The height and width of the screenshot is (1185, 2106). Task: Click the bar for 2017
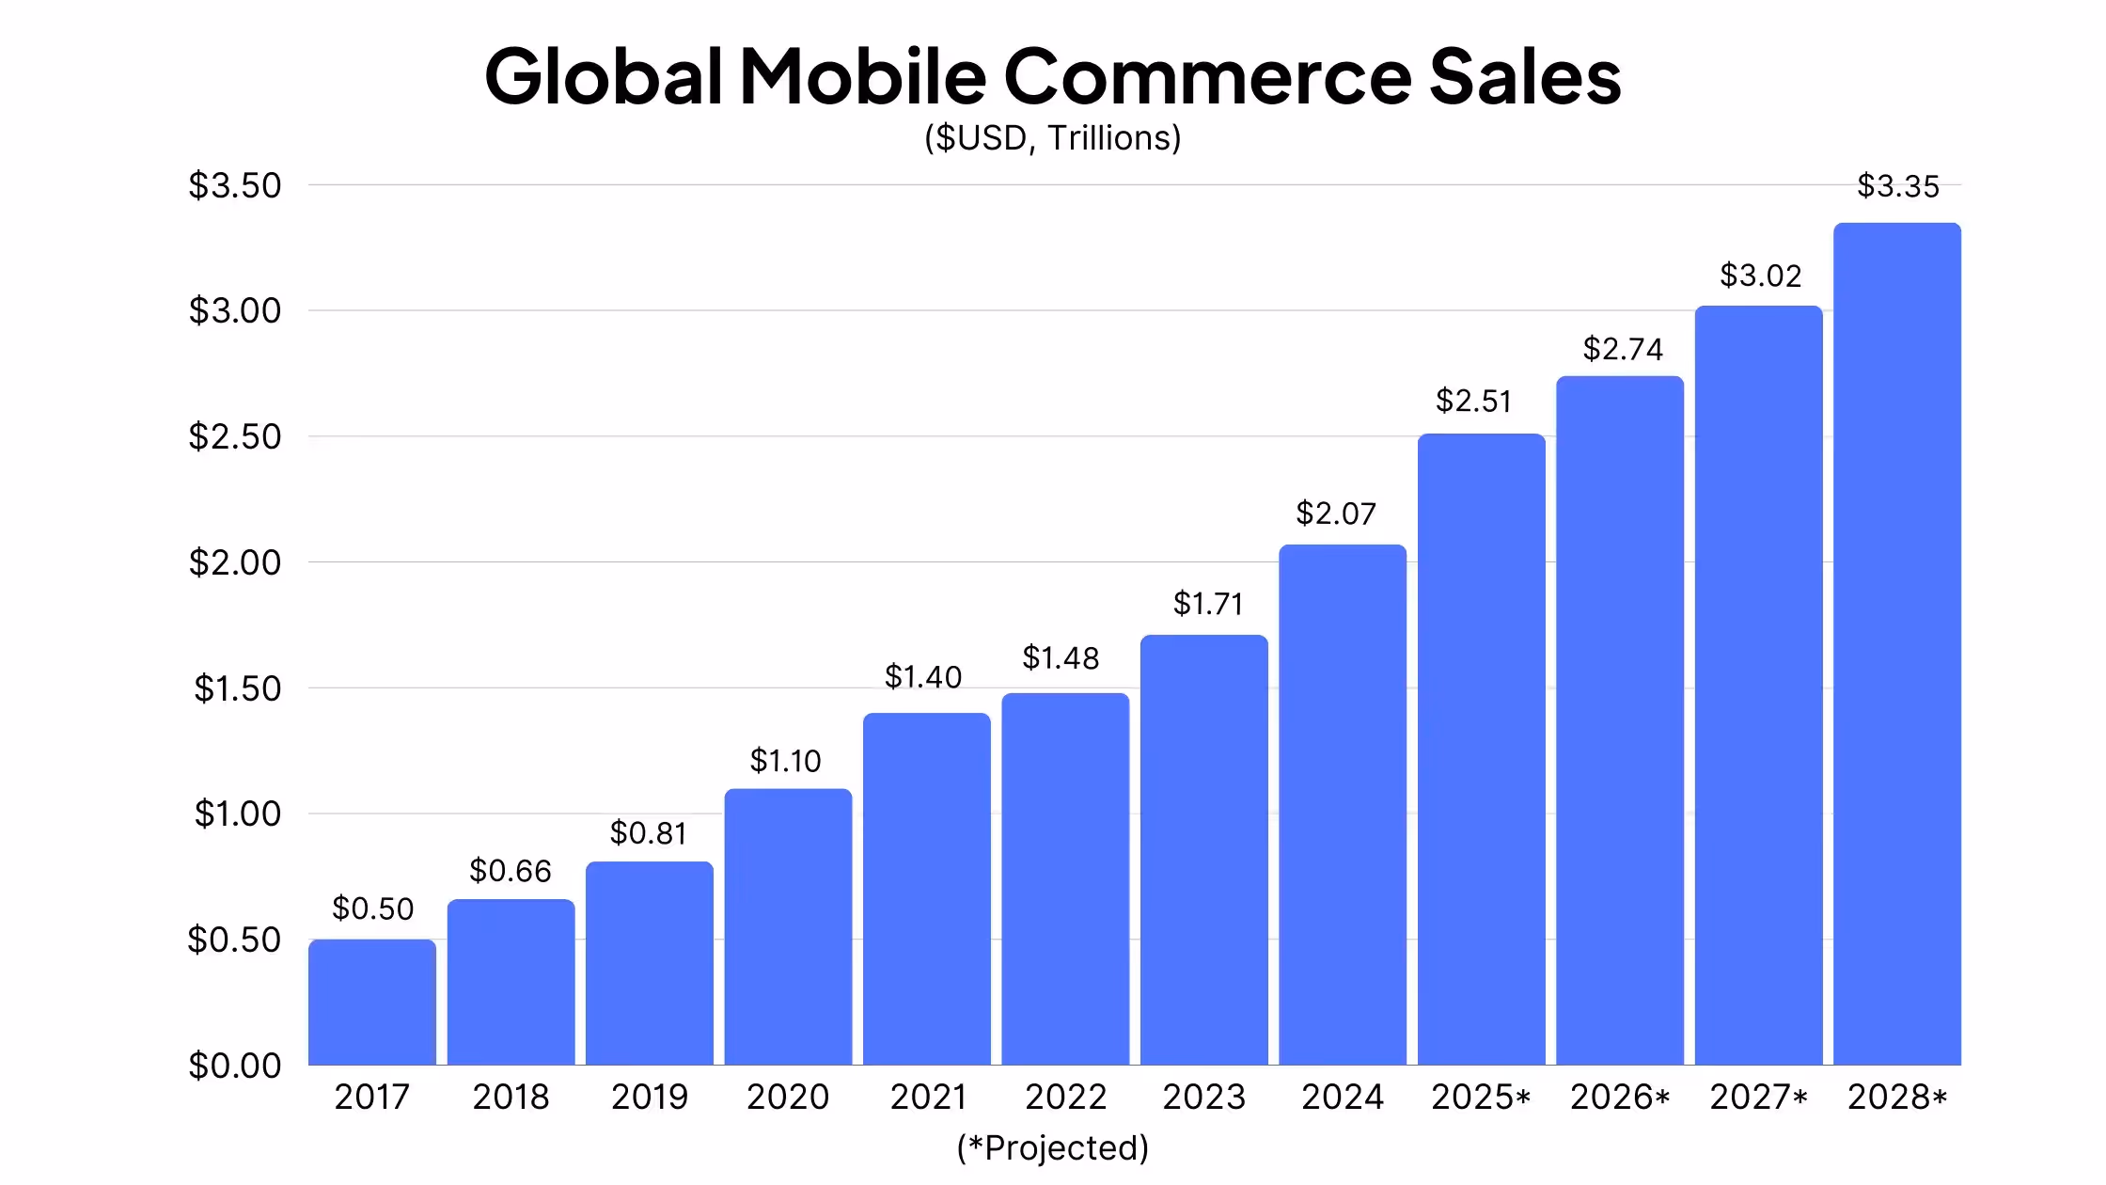(x=372, y=1003)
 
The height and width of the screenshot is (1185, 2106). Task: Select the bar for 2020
(x=788, y=927)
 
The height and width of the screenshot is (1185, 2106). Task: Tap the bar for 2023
(x=1204, y=850)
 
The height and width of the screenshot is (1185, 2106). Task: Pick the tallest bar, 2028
(x=1897, y=644)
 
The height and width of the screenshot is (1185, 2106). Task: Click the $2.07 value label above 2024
(x=1336, y=513)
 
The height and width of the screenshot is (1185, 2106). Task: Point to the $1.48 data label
(x=1061, y=658)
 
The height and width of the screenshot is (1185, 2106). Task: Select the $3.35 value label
(x=1898, y=186)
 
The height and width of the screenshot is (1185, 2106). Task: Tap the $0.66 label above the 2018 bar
(x=511, y=871)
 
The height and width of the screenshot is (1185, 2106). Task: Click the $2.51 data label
(x=1473, y=402)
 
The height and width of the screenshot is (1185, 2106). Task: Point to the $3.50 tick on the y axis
(x=235, y=185)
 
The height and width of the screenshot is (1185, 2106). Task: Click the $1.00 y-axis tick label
(x=238, y=814)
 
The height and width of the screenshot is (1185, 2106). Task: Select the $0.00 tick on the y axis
(x=235, y=1066)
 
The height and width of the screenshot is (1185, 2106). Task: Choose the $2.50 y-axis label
(x=235, y=436)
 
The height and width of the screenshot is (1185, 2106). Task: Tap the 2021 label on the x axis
(x=928, y=1097)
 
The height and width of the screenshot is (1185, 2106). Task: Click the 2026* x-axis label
(x=1620, y=1097)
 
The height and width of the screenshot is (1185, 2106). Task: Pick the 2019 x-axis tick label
(x=650, y=1097)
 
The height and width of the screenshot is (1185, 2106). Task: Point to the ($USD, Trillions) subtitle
(x=1053, y=138)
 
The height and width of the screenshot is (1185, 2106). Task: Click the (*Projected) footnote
(x=1053, y=1148)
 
